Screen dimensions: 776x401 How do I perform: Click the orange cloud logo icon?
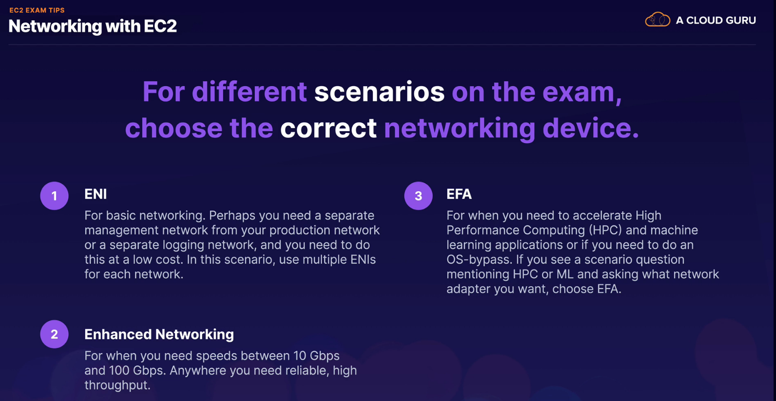[x=657, y=19]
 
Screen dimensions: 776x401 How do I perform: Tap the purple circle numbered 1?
[x=55, y=196]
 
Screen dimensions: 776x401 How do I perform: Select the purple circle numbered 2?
[x=55, y=334]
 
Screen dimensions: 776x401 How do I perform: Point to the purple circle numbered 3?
[x=419, y=196]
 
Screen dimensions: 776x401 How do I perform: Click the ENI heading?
[x=96, y=194]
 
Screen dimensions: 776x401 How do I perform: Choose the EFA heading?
[x=459, y=194]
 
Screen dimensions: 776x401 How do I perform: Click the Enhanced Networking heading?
[x=159, y=335]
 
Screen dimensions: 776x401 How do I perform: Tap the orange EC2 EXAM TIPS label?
[x=37, y=10]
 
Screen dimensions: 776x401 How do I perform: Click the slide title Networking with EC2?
[x=93, y=26]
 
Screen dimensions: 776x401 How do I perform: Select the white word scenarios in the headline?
[x=379, y=92]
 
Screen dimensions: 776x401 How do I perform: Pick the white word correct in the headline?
[x=328, y=128]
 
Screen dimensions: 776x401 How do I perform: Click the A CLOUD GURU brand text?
[x=716, y=20]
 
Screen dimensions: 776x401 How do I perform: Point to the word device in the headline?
[x=591, y=128]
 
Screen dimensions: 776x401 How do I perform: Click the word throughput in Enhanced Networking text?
[x=117, y=385]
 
